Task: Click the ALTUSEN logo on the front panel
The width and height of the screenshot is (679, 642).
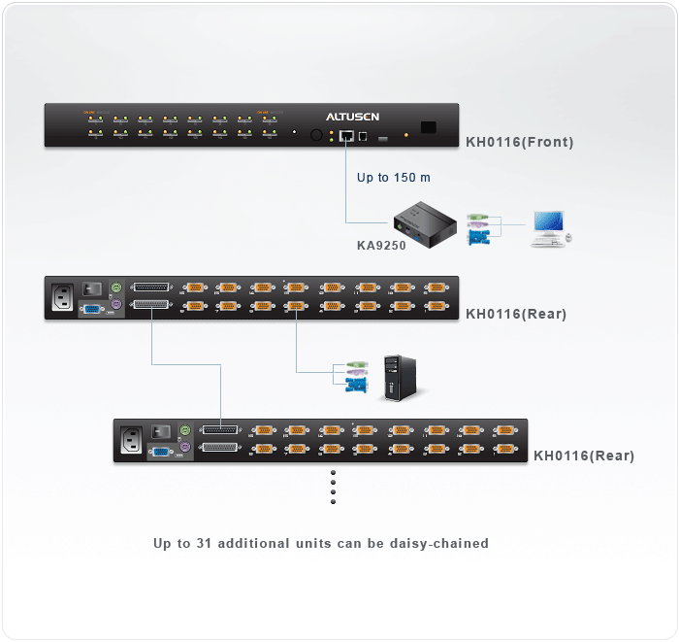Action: (x=352, y=117)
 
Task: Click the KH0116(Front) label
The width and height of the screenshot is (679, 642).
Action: (x=519, y=142)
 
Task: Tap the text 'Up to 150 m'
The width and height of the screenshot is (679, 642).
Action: (x=393, y=178)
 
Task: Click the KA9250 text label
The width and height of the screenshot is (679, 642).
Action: (x=381, y=246)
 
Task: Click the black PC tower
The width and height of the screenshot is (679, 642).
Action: (x=398, y=376)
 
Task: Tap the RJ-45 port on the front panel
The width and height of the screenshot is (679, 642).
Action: (x=345, y=136)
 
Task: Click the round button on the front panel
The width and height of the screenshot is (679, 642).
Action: (x=316, y=136)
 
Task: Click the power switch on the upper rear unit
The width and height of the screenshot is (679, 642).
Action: (x=93, y=287)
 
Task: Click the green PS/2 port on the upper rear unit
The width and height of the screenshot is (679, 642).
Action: (x=116, y=288)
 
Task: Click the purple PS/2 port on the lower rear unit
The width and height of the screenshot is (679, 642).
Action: (x=184, y=449)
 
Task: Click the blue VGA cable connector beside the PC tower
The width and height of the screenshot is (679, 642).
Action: (x=356, y=386)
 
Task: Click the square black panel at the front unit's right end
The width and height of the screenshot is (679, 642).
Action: (x=428, y=127)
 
